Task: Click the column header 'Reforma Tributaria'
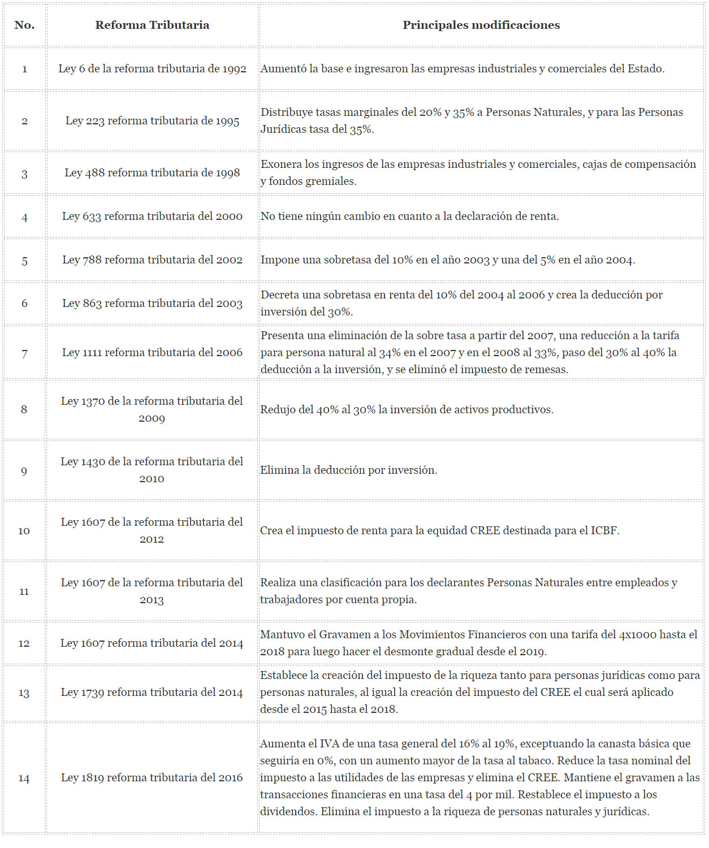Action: coord(152,25)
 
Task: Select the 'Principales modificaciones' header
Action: coord(481,25)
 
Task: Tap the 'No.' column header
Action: coord(24,25)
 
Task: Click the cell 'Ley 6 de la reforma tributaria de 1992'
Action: coord(152,68)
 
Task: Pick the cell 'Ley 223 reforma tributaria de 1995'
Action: coord(152,120)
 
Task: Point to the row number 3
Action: coord(24,174)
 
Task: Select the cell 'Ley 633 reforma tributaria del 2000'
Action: coord(152,216)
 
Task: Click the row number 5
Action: coord(24,261)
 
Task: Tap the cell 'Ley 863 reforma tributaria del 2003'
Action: coord(152,303)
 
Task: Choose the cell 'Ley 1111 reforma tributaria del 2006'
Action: coord(152,352)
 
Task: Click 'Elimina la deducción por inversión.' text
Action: coord(348,470)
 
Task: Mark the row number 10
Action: coord(24,531)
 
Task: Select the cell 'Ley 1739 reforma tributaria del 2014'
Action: coord(152,692)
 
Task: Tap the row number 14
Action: coord(24,778)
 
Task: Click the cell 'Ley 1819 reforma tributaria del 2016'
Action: coord(152,777)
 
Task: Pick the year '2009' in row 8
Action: coord(152,418)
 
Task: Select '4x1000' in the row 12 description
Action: coord(637,634)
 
